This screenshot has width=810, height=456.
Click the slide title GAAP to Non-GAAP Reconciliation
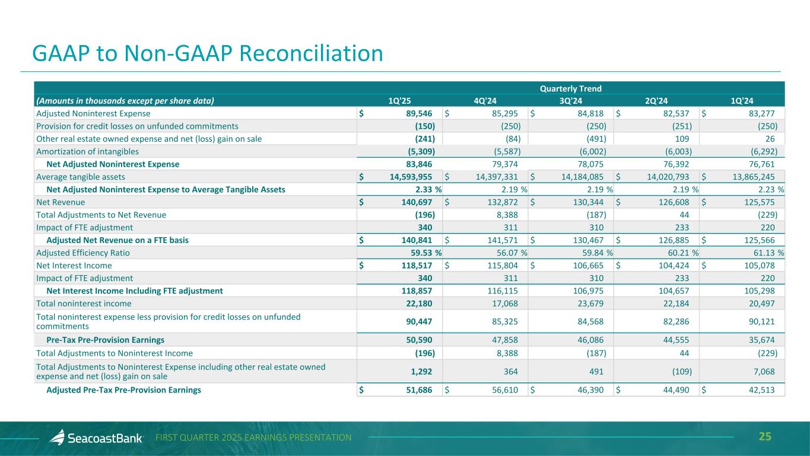click(208, 53)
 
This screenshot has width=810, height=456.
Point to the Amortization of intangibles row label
click(88, 151)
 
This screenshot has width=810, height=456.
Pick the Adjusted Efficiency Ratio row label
click(83, 253)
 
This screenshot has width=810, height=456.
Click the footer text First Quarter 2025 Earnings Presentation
click(253, 438)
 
